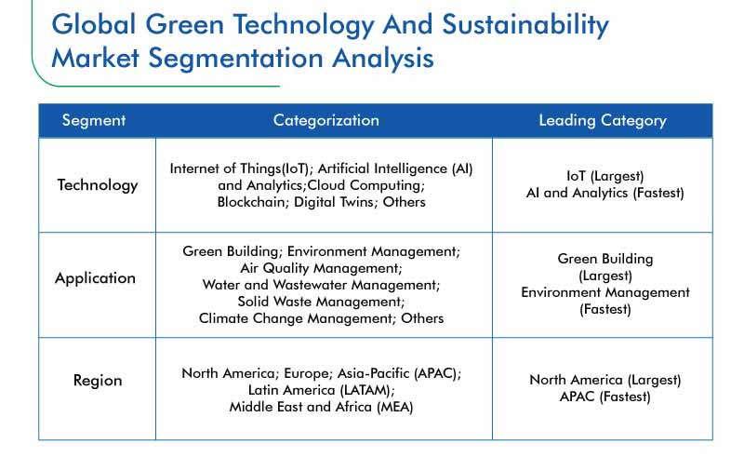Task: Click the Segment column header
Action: point(94,121)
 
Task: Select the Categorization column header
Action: point(326,121)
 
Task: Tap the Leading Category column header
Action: point(603,121)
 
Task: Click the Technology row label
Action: point(98,185)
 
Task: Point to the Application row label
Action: point(96,278)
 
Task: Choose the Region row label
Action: point(98,381)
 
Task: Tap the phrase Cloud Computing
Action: point(365,185)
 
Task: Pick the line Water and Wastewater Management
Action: point(321,285)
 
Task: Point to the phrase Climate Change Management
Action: point(296,318)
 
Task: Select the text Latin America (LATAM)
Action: point(320,390)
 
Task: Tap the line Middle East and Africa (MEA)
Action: point(321,407)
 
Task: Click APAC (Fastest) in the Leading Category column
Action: point(605,397)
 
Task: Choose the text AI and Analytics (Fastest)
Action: point(605,193)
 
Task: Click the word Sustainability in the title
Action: point(525,25)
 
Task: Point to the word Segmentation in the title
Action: point(236,59)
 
